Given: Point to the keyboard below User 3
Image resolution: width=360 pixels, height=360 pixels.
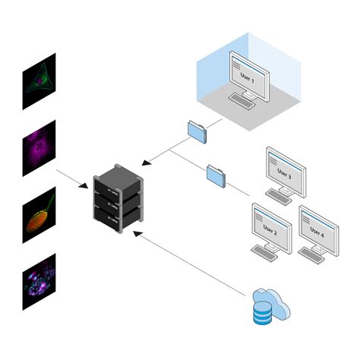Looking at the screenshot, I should point(278,197).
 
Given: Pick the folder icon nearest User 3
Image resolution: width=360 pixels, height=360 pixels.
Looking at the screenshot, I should point(216,175).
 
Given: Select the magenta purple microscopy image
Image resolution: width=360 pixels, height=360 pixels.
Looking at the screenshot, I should point(39,147).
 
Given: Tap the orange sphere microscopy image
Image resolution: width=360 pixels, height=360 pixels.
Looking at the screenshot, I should point(39,215).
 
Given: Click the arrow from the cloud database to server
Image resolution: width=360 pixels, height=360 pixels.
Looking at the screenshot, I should point(190,262).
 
